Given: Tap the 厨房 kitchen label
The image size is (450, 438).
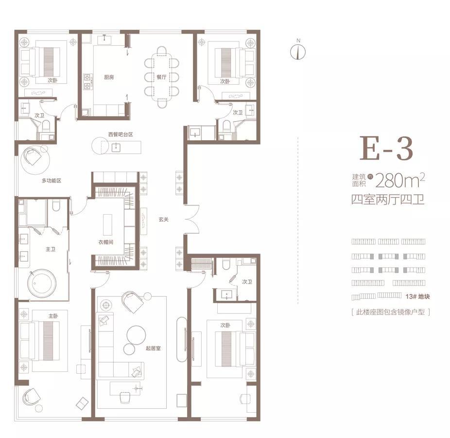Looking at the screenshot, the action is [109, 77].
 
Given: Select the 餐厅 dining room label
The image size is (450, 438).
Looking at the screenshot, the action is [161, 77].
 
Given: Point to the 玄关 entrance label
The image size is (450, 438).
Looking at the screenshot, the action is [163, 219].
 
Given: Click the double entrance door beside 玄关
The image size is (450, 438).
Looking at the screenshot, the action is [191, 219].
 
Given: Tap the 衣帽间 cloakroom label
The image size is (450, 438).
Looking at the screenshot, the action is [106, 242].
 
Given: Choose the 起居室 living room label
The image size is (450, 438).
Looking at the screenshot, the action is [153, 348].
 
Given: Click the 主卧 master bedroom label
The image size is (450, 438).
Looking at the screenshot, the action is [53, 316].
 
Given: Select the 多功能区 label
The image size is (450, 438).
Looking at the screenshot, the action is [52, 181].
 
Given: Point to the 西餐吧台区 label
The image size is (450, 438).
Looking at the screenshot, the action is [121, 134].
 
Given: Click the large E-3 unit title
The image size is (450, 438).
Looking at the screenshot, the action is [386, 148].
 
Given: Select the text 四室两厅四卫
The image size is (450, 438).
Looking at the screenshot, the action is [388, 199].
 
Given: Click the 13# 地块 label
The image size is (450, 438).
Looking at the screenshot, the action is [417, 296].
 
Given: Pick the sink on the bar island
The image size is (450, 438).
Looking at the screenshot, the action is [116, 147].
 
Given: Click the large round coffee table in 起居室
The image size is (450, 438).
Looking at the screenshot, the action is [137, 335].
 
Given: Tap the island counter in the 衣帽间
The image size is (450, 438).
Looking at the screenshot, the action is [107, 225].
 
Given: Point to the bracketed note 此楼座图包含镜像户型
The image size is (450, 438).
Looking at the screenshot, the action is [390, 312].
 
